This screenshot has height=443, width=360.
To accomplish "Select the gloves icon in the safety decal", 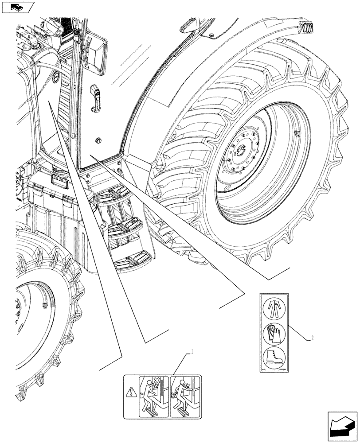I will click(272, 333).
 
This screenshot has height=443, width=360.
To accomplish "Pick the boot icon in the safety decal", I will click(272, 357).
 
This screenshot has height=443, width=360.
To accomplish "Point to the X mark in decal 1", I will click(157, 381).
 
